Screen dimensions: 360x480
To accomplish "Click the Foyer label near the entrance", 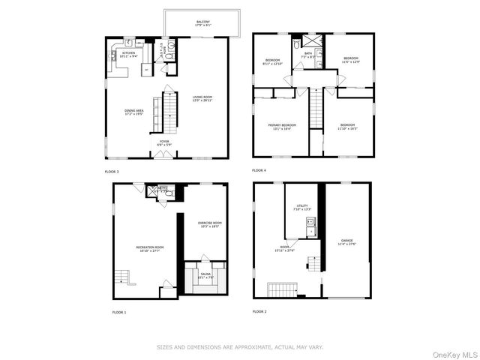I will (x=163, y=140).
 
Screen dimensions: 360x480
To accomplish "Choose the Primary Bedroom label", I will (x=282, y=126).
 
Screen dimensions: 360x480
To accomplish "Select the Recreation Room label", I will (x=149, y=247).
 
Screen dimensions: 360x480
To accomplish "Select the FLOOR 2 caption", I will (x=260, y=311).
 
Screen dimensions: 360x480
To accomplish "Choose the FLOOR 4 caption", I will (x=260, y=172).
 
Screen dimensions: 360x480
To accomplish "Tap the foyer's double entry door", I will (x=162, y=154).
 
